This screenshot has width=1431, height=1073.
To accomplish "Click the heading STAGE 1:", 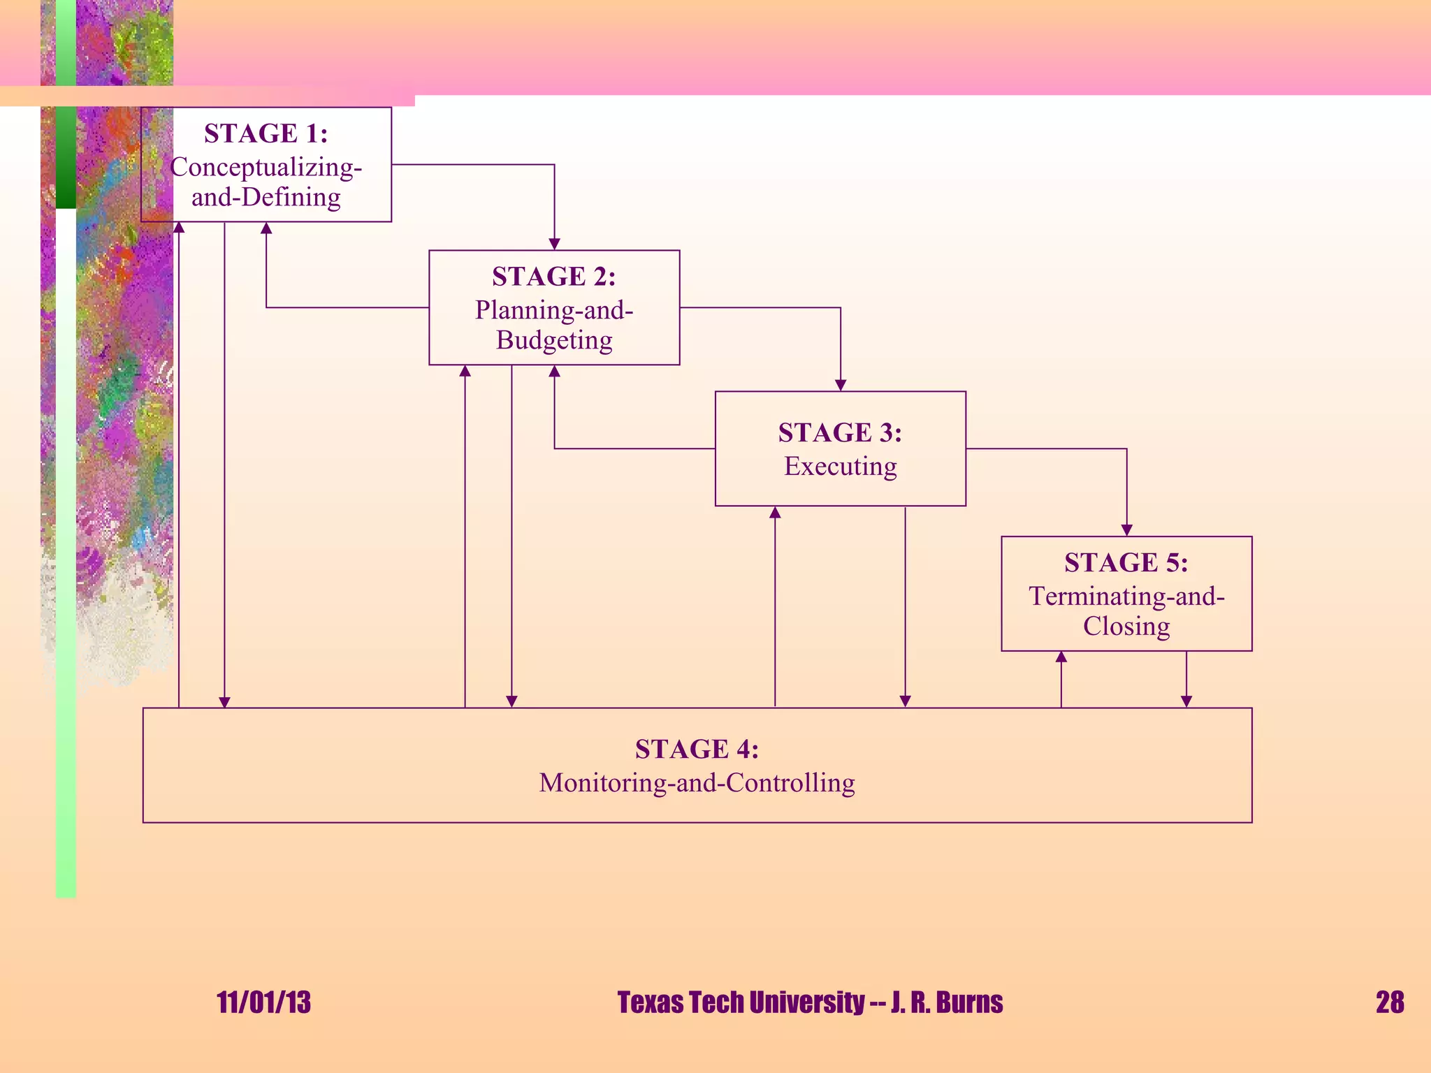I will [266, 133].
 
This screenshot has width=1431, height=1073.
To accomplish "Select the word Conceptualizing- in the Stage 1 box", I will [266, 167].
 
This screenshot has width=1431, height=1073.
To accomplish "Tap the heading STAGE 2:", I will [553, 277].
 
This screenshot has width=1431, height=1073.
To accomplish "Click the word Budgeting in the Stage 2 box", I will [554, 340].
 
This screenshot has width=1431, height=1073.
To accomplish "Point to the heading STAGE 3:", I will [840, 433].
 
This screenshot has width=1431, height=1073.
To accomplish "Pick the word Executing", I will [840, 466].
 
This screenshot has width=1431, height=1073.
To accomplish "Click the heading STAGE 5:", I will [1126, 562].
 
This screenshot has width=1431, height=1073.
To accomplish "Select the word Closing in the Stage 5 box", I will [1126, 626].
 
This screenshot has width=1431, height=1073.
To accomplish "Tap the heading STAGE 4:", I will [697, 749].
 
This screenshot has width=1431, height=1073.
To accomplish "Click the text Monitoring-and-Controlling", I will [697, 782].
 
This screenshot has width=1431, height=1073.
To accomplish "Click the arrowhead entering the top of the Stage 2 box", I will [554, 244].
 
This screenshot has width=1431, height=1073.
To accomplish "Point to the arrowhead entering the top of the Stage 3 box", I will [841, 385].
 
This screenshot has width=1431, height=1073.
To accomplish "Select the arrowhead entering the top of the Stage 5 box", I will [1126, 530].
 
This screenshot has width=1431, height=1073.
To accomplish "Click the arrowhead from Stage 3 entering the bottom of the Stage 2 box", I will [554, 372].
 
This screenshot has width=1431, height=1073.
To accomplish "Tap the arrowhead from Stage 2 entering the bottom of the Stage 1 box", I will [266, 228].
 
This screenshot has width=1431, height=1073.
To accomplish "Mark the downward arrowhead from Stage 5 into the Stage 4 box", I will [1186, 701].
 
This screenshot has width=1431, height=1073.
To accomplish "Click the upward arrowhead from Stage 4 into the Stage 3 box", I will [775, 513].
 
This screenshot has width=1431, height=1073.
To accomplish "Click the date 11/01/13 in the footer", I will [263, 1002].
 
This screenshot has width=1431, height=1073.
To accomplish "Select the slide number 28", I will [1389, 1002].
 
